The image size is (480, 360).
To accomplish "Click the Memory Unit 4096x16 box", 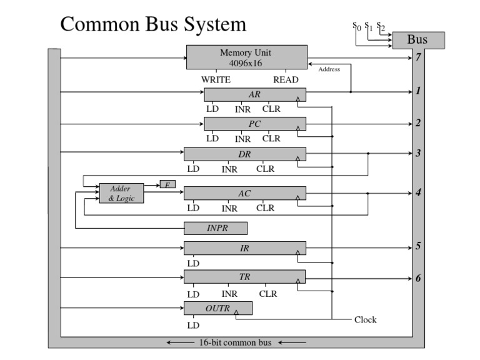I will point(246,57).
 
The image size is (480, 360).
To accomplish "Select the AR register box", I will point(254,95).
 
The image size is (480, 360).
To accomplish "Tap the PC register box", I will point(254,124).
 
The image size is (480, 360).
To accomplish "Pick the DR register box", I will point(244,154).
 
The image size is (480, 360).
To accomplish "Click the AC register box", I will point(244,194).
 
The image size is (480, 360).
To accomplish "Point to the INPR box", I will point(216,228).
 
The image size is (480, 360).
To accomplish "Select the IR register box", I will point(244,248).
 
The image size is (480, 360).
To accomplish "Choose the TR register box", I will point(244,277).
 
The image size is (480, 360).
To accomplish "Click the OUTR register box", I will point(217,308).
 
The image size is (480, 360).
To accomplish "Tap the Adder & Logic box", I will point(121,193).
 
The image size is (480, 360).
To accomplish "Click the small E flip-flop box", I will point(167,184).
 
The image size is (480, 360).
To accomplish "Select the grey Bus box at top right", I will point(417,41).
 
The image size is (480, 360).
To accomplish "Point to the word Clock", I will point(366,319).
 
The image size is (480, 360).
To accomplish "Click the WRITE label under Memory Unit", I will point(216,79).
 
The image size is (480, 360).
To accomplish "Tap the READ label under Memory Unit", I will point(286,79).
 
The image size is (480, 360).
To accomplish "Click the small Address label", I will point(329,69).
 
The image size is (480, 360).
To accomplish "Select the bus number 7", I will point(418,58).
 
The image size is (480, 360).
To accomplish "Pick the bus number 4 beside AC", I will point(418,192).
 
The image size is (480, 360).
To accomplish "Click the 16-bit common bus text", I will point(236,342).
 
